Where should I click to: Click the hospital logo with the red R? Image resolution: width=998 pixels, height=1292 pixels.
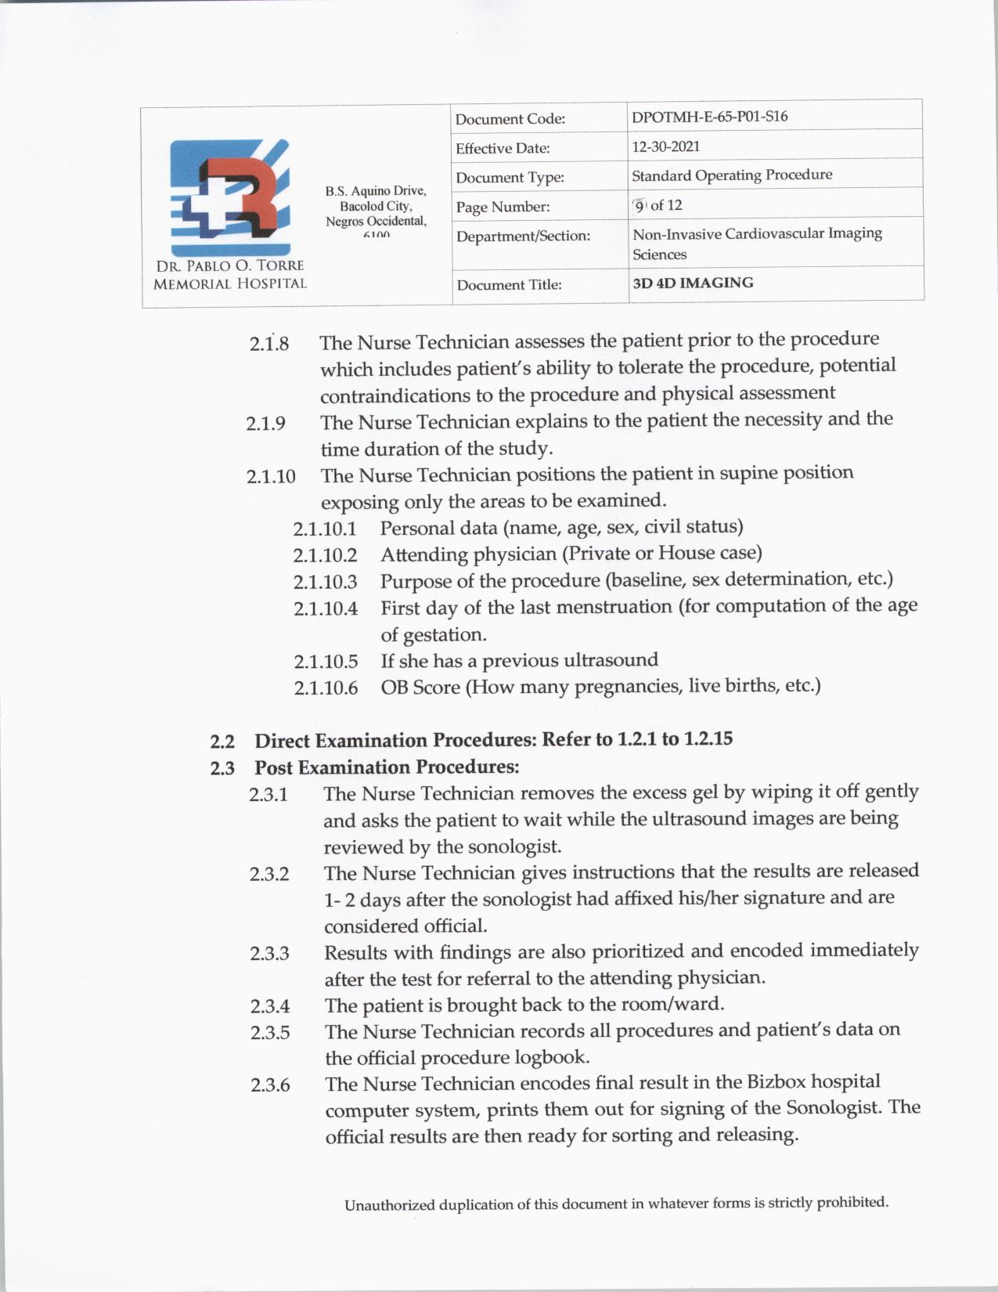(x=229, y=197)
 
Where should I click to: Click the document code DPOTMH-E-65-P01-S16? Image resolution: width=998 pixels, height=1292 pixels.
(x=709, y=117)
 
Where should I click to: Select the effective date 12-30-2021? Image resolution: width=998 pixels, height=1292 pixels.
(x=665, y=146)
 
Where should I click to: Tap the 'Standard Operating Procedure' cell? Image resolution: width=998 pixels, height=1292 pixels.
(x=731, y=175)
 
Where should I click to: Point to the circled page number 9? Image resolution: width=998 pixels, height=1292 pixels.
(x=640, y=205)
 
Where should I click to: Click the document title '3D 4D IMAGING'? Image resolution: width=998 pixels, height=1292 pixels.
(x=692, y=283)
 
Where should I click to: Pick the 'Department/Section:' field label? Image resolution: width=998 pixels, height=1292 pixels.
(x=522, y=236)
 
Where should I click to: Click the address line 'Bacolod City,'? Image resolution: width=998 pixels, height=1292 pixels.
(x=376, y=206)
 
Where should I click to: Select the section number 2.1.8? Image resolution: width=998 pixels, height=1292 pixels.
(x=268, y=344)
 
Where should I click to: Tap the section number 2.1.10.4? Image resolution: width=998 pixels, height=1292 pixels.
(x=325, y=608)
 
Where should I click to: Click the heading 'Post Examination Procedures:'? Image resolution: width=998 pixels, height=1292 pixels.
(x=387, y=767)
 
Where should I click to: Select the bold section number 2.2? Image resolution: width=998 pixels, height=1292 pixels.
(x=222, y=741)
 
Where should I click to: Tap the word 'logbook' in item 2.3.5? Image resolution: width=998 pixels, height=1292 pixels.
(x=550, y=1058)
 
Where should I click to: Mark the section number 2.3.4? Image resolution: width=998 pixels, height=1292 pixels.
(x=269, y=1006)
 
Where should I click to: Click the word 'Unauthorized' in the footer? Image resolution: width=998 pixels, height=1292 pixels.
(x=388, y=1205)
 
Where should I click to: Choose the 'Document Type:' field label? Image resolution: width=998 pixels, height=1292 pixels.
(x=510, y=178)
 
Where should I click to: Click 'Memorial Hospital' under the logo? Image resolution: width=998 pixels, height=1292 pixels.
(x=229, y=283)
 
